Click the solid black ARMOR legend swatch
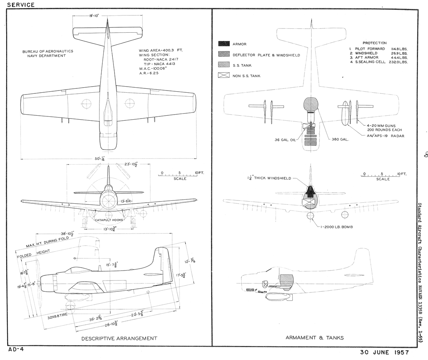[224, 44]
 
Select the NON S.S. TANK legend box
[224, 76]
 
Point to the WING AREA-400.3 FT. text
[160, 51]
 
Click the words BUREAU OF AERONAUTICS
[47, 51]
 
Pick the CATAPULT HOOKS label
[109, 220]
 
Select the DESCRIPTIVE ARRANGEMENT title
[119, 338]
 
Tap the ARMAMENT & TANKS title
[315, 337]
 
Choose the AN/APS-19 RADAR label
[386, 136]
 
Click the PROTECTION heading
[374, 43]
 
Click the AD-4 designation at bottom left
[16, 349]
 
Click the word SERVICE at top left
[21, 5]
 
